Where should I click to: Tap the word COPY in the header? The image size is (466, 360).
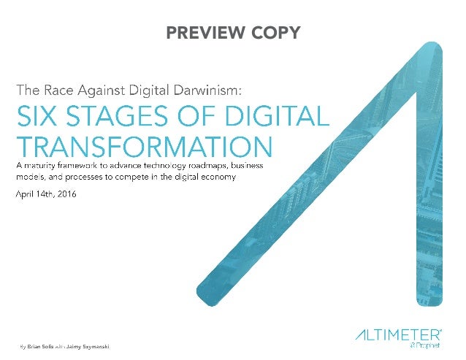tap(274, 33)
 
